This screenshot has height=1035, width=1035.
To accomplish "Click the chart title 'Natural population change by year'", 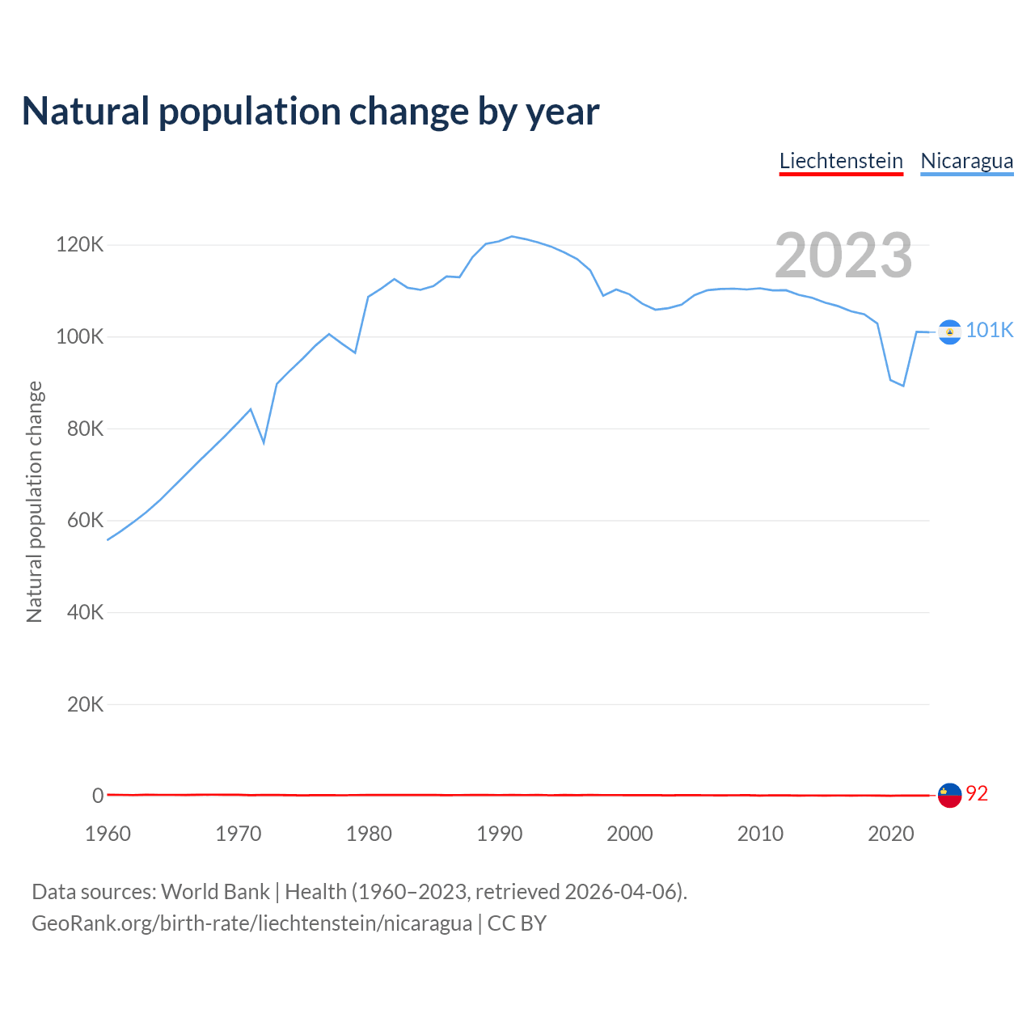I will [310, 112].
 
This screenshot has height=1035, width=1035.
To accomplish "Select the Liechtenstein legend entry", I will [841, 161].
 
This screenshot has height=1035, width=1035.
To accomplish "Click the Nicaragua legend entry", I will [966, 161].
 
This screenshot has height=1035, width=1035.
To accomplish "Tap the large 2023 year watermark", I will [843, 256].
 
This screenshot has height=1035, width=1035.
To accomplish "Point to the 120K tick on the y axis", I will [79, 244].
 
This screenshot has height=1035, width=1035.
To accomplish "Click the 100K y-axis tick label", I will [79, 336].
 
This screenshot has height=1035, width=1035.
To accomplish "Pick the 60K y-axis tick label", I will [85, 520].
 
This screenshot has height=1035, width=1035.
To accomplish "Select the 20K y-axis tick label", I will [85, 704].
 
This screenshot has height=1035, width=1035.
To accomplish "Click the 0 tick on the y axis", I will [98, 796].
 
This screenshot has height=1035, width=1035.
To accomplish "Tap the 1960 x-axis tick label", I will [108, 834].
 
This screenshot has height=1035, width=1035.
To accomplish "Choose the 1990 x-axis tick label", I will [499, 834].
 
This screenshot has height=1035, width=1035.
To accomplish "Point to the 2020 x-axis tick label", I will [890, 834].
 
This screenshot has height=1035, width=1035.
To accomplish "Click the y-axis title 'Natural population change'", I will [34, 502].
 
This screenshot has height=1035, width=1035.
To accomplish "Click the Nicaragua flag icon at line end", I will [949, 332].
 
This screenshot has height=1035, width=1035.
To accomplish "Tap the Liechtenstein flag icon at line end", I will [949, 795].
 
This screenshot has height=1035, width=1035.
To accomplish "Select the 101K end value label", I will [989, 330].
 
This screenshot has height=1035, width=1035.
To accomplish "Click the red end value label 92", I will [977, 794].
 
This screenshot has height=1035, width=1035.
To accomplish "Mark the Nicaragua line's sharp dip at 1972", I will [264, 442].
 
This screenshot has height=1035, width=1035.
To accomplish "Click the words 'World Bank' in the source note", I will [215, 892].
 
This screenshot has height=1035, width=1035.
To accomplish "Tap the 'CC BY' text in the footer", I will [517, 923].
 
